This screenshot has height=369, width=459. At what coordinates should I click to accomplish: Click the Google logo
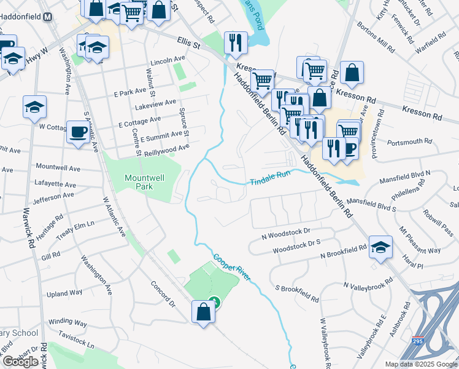(20, 362)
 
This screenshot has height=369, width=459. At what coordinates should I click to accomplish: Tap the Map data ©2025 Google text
(421, 364)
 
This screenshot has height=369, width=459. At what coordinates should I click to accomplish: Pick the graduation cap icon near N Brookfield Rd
(381, 247)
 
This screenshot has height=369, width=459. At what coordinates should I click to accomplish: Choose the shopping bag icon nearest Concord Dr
(203, 311)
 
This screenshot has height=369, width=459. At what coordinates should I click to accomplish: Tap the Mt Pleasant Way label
(420, 240)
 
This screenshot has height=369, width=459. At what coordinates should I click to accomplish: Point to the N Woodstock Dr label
(287, 234)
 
